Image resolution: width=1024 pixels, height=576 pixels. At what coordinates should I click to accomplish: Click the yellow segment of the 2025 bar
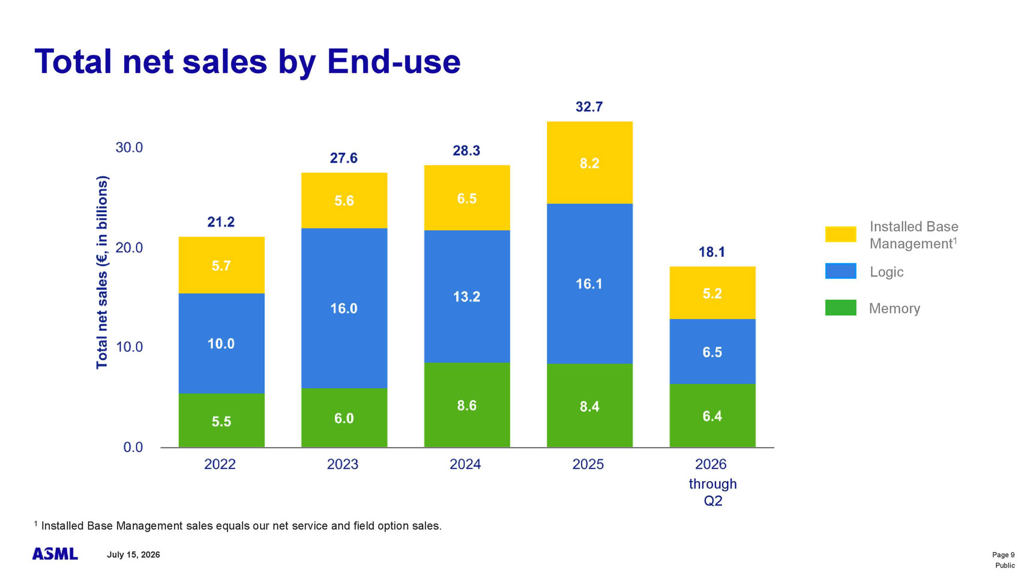pyautogui.click(x=589, y=162)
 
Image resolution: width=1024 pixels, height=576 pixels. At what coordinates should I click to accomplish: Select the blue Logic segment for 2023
pyautogui.click(x=344, y=308)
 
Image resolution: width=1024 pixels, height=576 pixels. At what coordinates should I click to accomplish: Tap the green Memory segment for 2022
pyautogui.click(x=221, y=420)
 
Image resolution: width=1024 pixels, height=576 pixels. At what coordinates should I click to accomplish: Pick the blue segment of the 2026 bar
pyautogui.click(x=712, y=351)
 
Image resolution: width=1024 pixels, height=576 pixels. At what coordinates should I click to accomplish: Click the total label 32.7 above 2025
pyautogui.click(x=589, y=107)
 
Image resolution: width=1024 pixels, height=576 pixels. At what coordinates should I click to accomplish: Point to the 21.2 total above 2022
pyautogui.click(x=221, y=222)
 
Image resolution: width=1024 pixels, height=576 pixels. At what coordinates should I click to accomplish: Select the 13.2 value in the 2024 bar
pyautogui.click(x=467, y=297)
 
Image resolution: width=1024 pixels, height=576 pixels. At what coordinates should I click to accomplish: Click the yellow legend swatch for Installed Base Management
pyautogui.click(x=841, y=234)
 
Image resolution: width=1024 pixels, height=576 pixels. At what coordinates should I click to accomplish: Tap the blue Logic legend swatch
pyautogui.click(x=841, y=271)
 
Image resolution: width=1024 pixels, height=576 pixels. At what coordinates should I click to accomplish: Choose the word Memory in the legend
pyautogui.click(x=894, y=308)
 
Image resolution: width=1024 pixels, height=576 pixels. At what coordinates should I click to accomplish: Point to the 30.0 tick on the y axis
pyautogui.click(x=129, y=148)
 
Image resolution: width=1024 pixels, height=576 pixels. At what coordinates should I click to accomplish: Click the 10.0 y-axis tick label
pyautogui.click(x=129, y=347)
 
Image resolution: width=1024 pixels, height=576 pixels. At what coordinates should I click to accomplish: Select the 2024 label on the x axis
pyautogui.click(x=465, y=464)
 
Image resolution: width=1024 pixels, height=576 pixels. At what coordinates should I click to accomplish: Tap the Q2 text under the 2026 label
pyautogui.click(x=712, y=501)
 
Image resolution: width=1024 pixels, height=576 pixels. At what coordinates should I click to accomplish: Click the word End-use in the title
pyautogui.click(x=394, y=62)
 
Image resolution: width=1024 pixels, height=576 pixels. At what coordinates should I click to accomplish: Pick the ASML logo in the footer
pyautogui.click(x=55, y=554)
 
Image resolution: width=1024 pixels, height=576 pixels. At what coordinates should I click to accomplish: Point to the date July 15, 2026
pyautogui.click(x=133, y=555)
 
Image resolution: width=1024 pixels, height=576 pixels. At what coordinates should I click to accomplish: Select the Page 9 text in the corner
pyautogui.click(x=1004, y=555)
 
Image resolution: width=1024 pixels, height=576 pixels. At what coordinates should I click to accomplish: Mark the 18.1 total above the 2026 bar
pyautogui.click(x=712, y=252)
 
